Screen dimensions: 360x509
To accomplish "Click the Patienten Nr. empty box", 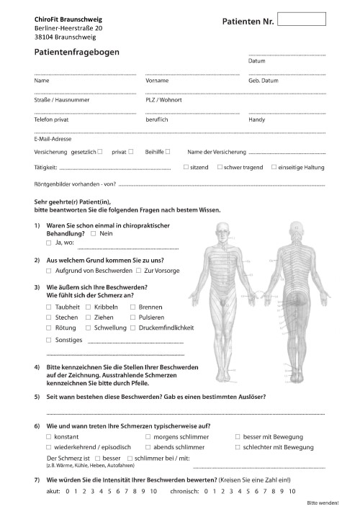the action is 301,19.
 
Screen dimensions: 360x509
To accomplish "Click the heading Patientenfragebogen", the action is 77,53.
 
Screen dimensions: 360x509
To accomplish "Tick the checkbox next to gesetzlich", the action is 100,152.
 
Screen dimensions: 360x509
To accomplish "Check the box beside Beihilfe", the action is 168,152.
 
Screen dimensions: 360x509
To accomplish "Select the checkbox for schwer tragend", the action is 219,167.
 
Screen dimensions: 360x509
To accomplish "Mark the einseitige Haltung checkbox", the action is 274,167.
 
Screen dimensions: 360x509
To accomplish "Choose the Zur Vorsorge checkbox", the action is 139,270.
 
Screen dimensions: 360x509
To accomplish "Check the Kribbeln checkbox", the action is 88,307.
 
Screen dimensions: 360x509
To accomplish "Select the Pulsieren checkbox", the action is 133,317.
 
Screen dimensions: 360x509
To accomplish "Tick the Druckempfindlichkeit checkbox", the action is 133,328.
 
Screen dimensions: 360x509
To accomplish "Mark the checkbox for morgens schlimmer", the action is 148,437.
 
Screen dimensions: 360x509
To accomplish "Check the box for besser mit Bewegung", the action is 238,437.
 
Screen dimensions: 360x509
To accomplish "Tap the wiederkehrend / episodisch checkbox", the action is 49,447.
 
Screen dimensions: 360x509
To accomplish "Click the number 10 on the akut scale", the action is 153,491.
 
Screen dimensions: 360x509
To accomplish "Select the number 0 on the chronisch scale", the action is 206,491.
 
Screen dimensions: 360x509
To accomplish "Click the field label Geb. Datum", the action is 264,81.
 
